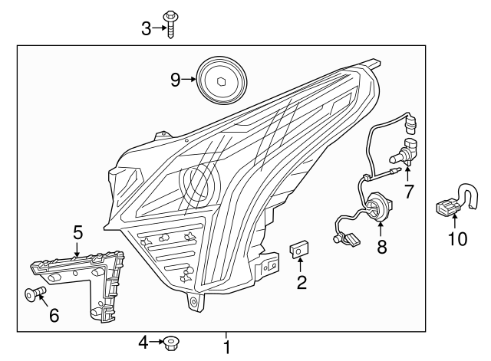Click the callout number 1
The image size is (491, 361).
pyautogui.click(x=226, y=347)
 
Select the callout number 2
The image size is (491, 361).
pyautogui.click(x=302, y=283)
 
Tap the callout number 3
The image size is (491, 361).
pyautogui.click(x=146, y=28)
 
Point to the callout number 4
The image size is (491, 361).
pyautogui.click(x=143, y=342)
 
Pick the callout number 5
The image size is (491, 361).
pyautogui.click(x=77, y=231)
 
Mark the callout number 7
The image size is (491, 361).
pyautogui.click(x=409, y=192)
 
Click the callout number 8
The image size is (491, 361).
pyautogui.click(x=381, y=247)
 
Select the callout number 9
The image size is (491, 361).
pyautogui.click(x=175, y=79)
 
